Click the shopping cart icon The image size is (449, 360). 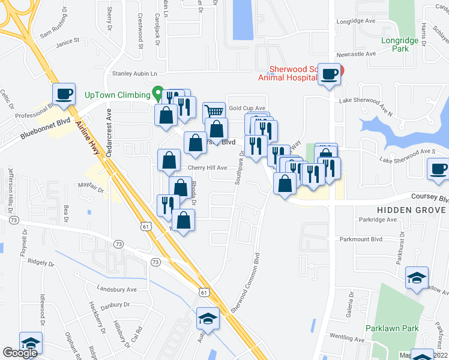pyautogui.click(x=214, y=111)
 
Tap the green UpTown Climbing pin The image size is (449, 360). pyautogui.click(x=158, y=94)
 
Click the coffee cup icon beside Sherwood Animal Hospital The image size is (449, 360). pyautogui.click(x=328, y=74)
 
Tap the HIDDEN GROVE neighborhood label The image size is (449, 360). pyautogui.click(x=411, y=210)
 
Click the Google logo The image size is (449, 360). pyautogui.click(x=20, y=352)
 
